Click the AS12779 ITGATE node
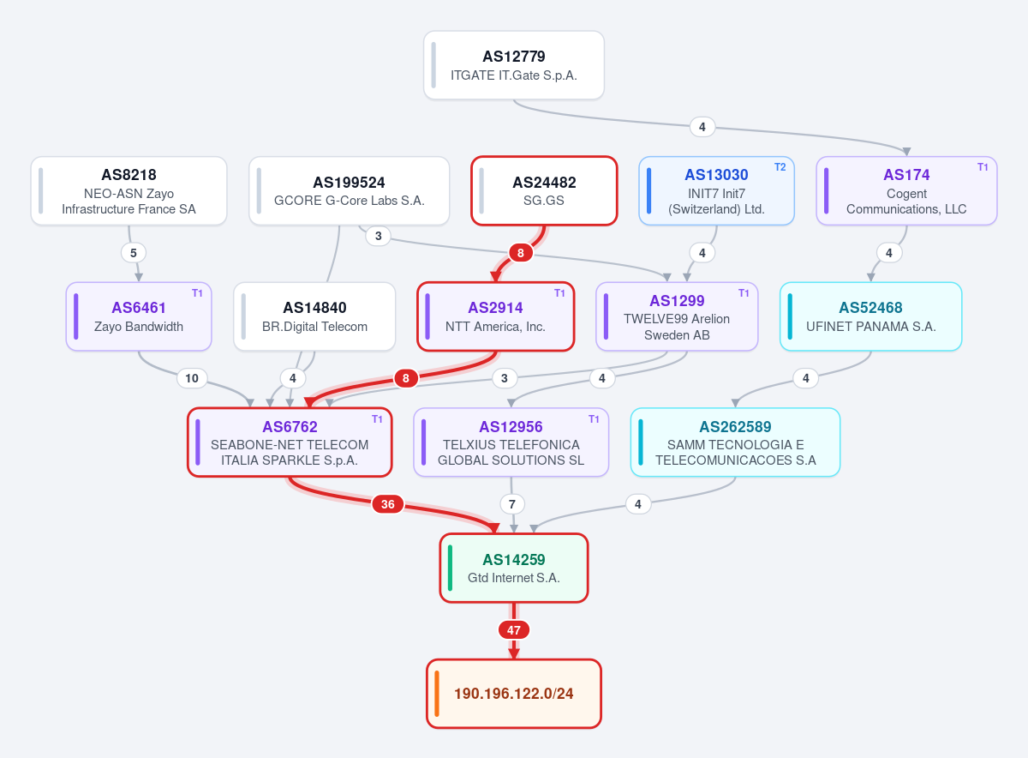[x=513, y=65]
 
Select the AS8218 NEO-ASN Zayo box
[x=129, y=190]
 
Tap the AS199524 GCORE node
[x=350, y=190]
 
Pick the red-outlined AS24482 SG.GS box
[x=544, y=190]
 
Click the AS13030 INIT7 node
[x=716, y=190]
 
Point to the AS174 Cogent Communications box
[x=906, y=190]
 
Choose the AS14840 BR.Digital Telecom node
[x=314, y=316]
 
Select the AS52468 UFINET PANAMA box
[x=870, y=316]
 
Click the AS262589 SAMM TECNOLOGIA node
[x=735, y=442]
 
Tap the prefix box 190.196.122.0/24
[x=513, y=694]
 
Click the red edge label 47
[x=513, y=630]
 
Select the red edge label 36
[x=388, y=504]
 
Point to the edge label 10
[x=192, y=378]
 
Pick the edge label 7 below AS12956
[x=512, y=504]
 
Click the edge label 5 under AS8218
[x=134, y=253]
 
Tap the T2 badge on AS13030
[x=780, y=167]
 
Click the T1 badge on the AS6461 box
[x=197, y=293]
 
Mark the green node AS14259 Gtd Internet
[x=513, y=568]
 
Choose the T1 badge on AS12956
[x=594, y=419]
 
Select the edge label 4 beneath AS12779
[x=702, y=127]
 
